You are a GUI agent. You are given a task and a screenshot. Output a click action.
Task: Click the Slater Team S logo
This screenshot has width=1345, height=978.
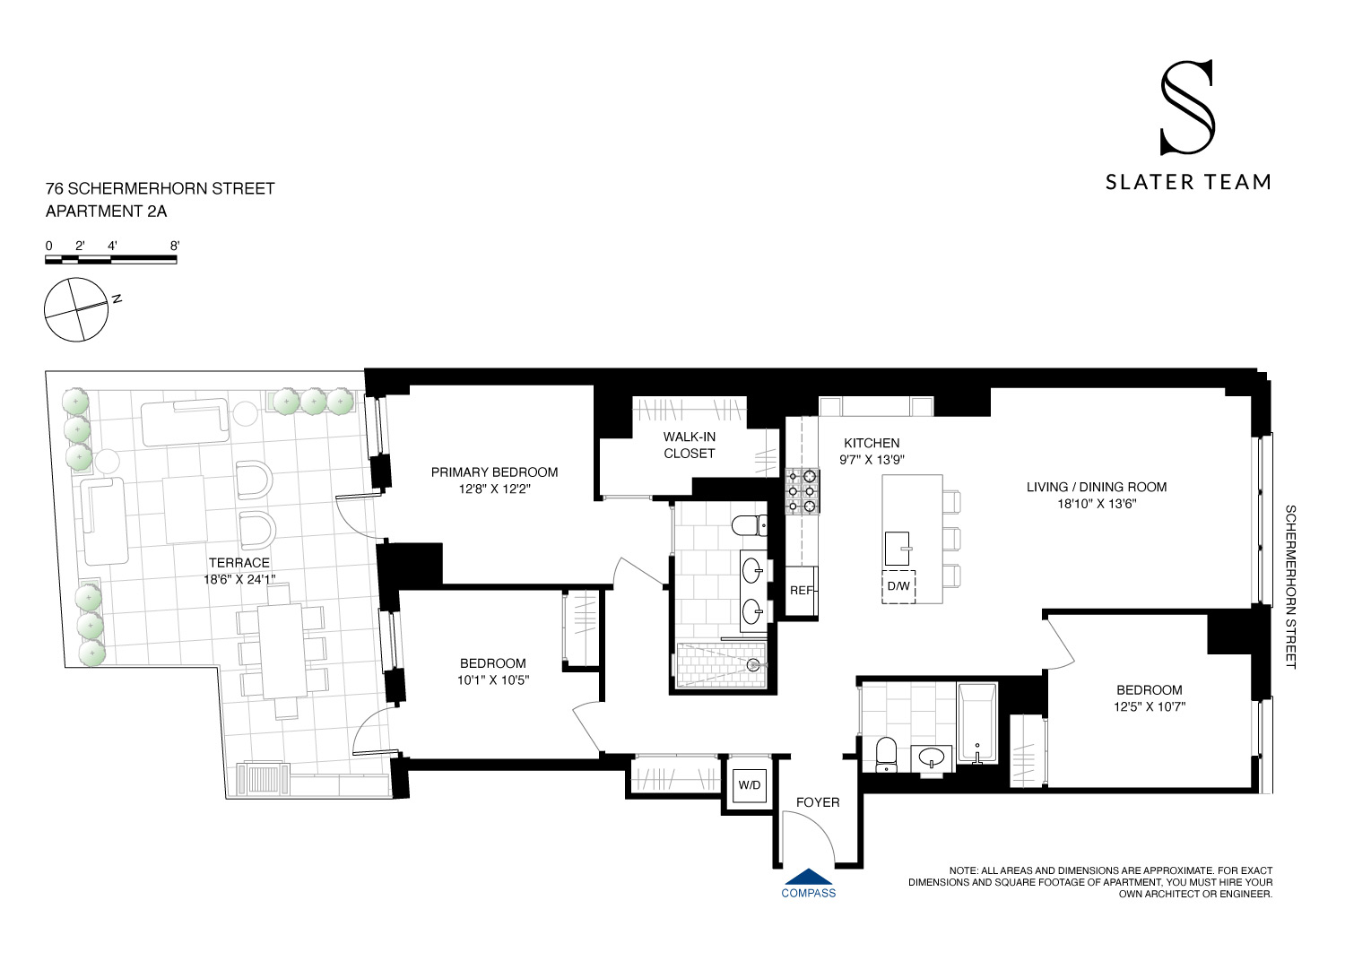[x=1187, y=107]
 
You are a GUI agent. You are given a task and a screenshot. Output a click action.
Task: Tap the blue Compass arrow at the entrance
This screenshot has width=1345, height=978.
[x=809, y=878]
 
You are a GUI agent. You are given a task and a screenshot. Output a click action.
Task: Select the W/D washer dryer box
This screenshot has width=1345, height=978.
[x=749, y=785]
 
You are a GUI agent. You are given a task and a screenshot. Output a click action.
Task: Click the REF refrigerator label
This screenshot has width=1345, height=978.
[x=801, y=591]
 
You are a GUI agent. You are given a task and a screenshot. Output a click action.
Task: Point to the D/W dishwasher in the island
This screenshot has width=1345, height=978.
[x=898, y=586]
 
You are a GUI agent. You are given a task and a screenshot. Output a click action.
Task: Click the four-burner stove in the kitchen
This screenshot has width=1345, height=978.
[x=802, y=491]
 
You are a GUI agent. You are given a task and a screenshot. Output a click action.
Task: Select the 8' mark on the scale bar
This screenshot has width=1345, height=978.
[x=174, y=246]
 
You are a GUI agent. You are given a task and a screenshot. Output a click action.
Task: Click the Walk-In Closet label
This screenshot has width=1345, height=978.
[x=689, y=445]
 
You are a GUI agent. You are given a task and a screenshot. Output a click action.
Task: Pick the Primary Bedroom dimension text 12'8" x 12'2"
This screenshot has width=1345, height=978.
[x=494, y=489]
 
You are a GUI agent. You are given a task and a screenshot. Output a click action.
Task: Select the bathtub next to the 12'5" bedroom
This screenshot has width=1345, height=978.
[x=977, y=723]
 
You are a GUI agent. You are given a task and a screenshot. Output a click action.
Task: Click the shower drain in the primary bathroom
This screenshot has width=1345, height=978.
[x=753, y=665]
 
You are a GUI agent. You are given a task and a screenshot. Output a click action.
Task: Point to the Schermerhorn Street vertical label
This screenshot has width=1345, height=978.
[x=1291, y=586]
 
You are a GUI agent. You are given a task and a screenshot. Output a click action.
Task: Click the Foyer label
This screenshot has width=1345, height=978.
[x=818, y=802]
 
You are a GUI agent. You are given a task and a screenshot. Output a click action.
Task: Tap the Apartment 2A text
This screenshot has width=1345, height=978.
[x=106, y=212]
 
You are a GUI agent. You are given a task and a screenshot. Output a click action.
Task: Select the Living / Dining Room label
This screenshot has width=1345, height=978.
[x=1097, y=487]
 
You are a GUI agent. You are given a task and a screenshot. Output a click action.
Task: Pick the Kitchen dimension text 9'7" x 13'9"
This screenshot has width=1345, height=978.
[x=872, y=460]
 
